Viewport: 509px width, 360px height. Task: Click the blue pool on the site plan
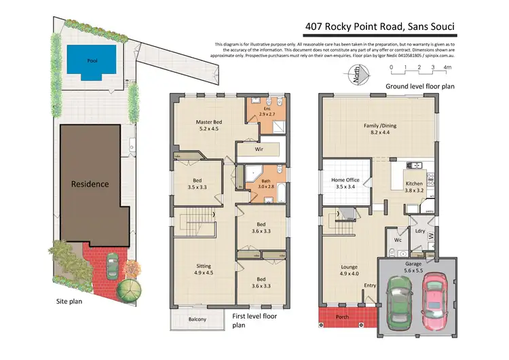[91, 60]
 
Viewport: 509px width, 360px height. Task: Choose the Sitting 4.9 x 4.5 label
[204, 271]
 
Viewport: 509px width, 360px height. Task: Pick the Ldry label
[420, 232]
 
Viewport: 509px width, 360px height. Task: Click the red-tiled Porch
[342, 316]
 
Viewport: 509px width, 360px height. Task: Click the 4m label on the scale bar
[447, 67]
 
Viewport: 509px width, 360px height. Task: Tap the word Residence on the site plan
[90, 183]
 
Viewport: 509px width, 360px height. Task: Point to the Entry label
[370, 285]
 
